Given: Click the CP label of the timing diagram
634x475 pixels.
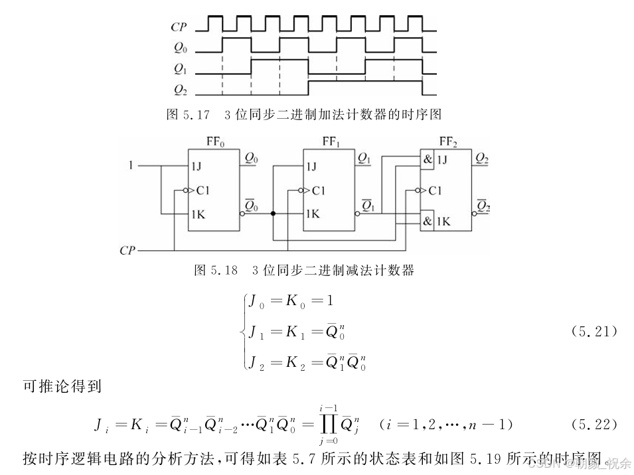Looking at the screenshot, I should pyautogui.click(x=179, y=27).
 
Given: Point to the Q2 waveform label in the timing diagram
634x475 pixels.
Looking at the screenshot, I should pyautogui.click(x=179, y=89).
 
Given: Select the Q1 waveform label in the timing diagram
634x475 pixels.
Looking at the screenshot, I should pyautogui.click(x=179, y=68).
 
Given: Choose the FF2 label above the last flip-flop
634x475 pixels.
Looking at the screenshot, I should pyautogui.click(x=448, y=141).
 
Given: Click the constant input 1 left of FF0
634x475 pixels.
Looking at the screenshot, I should pyautogui.click(x=131, y=163).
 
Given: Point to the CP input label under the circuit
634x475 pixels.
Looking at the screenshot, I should pyautogui.click(x=127, y=251).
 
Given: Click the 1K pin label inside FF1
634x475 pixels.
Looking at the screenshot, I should pyautogui.click(x=313, y=214).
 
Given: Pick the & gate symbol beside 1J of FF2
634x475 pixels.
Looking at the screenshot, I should pyautogui.click(x=428, y=159).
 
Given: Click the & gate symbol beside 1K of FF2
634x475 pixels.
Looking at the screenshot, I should pyautogui.click(x=428, y=220).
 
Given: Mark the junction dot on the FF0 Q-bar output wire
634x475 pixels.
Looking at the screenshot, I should pyautogui.click(x=273, y=214).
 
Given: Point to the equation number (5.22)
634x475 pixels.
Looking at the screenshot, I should pyautogui.click(x=594, y=423).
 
